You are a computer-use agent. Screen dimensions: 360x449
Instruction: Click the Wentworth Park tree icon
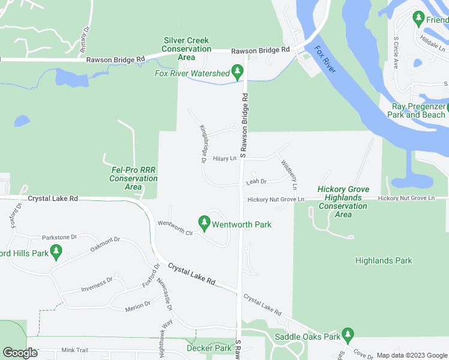(x=204, y=224)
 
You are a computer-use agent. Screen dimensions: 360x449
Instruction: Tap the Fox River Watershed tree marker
(x=238, y=73)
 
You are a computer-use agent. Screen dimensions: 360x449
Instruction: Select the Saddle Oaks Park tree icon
(x=347, y=334)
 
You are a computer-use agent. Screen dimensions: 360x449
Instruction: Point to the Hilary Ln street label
(x=225, y=158)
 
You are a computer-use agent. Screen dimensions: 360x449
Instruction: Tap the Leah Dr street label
(x=256, y=181)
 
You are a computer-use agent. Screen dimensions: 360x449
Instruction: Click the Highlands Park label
(x=384, y=260)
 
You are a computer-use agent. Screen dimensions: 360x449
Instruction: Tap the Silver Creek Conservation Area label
(x=187, y=49)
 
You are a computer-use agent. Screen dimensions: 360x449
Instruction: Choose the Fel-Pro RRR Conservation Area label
(x=133, y=178)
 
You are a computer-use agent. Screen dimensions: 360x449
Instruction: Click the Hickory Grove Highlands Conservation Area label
(x=343, y=202)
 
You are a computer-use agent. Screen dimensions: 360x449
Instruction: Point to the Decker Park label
(x=209, y=348)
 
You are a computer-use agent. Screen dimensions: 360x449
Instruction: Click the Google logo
(x=20, y=353)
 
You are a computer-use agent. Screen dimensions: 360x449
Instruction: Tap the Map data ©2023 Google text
(x=411, y=355)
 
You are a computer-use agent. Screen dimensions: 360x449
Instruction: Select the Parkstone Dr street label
(x=59, y=237)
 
